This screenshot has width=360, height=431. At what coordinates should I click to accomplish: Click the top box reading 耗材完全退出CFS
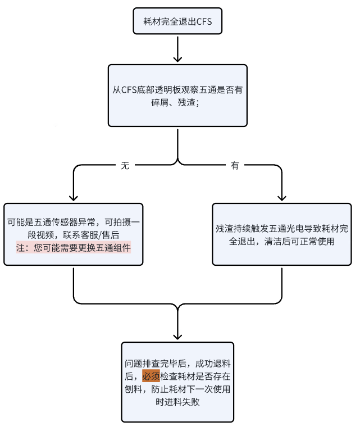click(177, 21)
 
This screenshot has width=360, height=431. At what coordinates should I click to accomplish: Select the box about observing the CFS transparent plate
click(177, 96)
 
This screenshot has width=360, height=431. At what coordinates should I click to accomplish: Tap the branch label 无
click(125, 165)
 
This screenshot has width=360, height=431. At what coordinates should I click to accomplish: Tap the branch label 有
click(235, 165)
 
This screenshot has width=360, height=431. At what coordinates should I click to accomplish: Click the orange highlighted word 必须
click(151, 376)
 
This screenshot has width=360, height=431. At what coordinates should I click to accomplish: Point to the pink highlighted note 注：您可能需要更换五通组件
click(74, 248)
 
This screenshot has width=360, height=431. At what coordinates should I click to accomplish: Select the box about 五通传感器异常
click(74, 234)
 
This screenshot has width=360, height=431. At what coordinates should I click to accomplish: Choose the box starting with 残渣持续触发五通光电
click(282, 234)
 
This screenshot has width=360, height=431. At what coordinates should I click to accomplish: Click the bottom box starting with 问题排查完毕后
click(177, 382)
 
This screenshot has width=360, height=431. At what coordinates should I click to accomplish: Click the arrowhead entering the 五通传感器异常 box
click(74, 198)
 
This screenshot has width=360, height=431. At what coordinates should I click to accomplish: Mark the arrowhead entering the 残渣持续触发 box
click(282, 198)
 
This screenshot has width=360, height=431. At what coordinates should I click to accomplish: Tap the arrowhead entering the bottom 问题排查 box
click(177, 337)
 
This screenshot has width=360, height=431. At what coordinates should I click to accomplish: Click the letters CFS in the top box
click(204, 21)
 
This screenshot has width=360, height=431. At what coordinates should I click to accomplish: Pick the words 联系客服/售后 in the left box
click(91, 235)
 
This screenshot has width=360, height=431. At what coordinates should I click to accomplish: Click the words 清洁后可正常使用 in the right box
click(299, 241)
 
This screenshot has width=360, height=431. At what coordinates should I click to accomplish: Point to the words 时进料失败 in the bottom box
click(177, 402)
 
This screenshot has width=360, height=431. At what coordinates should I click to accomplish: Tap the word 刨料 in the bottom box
click(133, 389)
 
